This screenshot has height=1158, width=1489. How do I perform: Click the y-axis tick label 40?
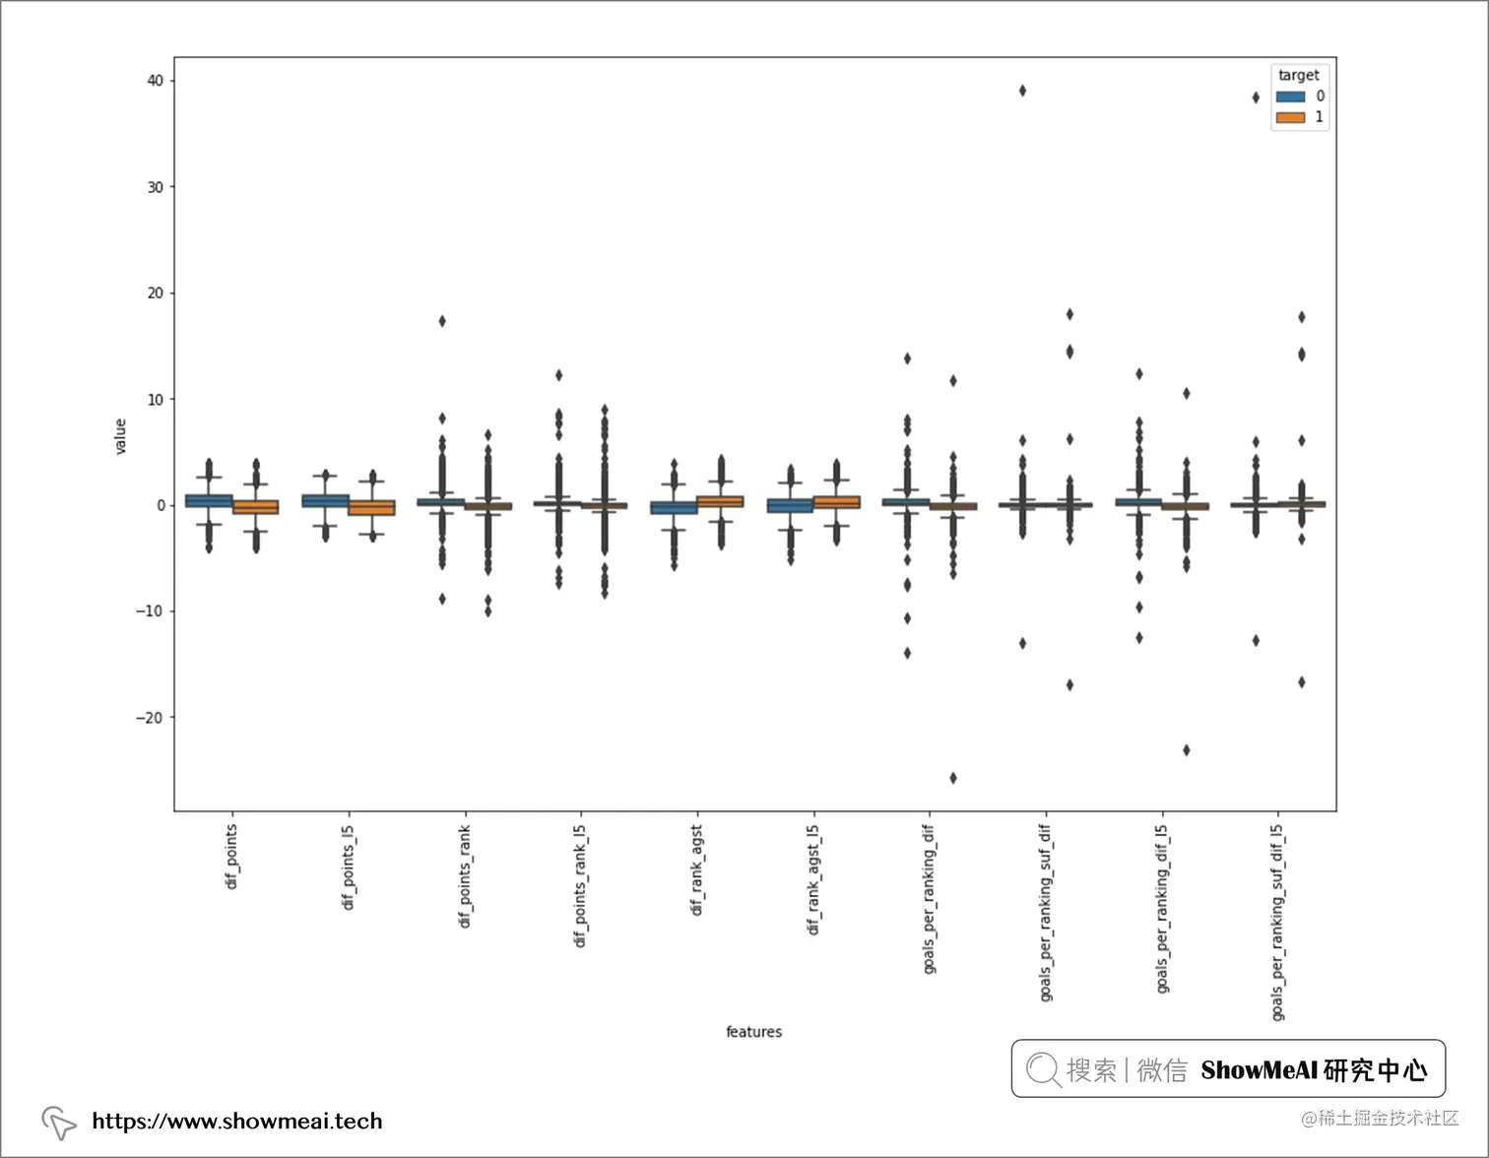[155, 81]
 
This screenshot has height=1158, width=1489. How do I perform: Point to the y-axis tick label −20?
[150, 718]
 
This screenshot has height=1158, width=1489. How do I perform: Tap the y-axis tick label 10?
[155, 400]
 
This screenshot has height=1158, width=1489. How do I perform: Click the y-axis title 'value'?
[121, 436]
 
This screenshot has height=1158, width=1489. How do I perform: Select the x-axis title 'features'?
[753, 1032]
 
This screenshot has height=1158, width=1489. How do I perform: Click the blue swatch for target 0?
[1290, 96]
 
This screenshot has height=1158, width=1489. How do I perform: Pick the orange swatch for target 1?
[1290, 117]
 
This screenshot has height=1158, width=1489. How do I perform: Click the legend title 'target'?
[1298, 75]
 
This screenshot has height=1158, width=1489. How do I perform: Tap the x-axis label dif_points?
[232, 857]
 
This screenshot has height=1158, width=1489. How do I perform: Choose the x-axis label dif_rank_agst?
[697, 870]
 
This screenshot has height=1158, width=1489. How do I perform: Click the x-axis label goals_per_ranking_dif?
[930, 899]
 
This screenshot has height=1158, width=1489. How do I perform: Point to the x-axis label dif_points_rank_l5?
[581, 886]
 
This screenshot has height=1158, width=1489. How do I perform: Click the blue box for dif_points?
[209, 501]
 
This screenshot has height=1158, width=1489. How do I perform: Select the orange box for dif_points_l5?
[371, 508]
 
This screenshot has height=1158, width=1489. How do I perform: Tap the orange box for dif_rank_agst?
[721, 501]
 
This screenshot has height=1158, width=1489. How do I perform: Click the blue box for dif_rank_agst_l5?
[790, 505]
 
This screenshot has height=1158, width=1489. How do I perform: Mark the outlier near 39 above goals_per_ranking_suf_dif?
[1022, 91]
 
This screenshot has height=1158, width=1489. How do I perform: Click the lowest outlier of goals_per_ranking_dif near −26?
[953, 778]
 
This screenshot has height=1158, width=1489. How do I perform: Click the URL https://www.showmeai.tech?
[236, 1121]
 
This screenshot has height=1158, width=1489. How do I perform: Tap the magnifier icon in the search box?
[1042, 1069]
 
